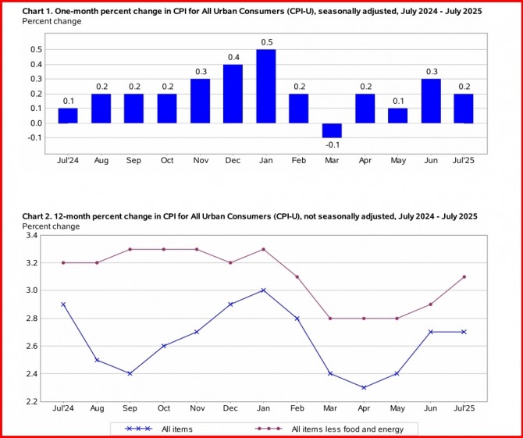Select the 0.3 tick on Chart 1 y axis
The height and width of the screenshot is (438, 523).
click(x=37, y=79)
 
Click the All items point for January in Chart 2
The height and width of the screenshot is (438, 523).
click(x=263, y=290)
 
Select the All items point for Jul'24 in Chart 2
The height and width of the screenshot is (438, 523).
click(x=62, y=304)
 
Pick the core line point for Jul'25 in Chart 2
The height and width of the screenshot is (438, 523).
click(x=464, y=276)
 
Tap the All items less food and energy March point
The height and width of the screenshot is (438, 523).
click(x=329, y=318)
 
